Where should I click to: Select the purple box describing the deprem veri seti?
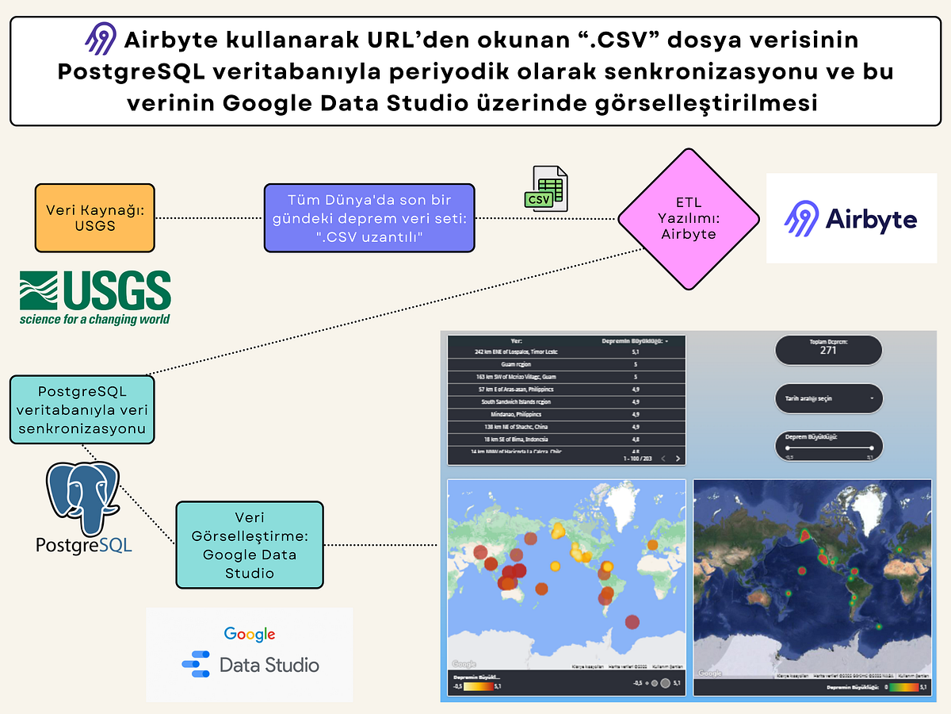(369, 217)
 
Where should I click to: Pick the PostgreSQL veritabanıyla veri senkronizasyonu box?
(82, 409)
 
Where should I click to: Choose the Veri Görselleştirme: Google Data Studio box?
(249, 544)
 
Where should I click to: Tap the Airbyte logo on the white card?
(850, 219)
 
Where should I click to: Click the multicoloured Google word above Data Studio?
(249, 634)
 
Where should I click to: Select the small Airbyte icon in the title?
(101, 39)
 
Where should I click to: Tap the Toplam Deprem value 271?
(828, 350)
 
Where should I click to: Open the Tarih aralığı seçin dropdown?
(828, 398)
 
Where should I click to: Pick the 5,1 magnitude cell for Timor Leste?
(635, 351)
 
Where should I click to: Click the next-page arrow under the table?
(678, 458)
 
